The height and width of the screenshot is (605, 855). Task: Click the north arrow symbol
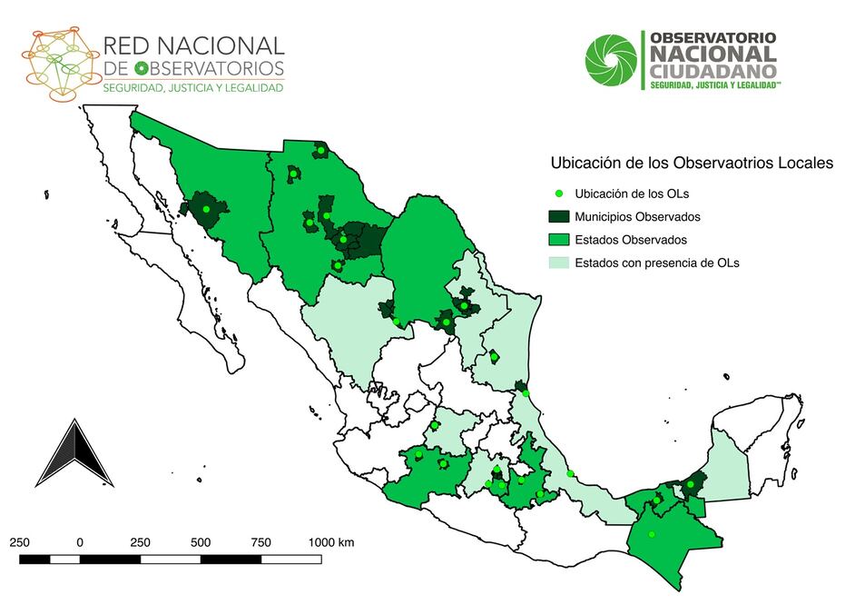pos(74,453)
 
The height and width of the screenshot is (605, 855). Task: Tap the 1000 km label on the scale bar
pos(330,542)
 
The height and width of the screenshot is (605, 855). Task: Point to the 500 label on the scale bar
pos(201,542)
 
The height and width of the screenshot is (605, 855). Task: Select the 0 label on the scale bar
pos(80,542)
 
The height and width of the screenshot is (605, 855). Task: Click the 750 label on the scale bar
pos(260,542)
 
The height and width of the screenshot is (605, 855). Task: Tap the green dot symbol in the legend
pos(559,193)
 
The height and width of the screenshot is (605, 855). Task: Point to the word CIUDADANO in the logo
pos(712,70)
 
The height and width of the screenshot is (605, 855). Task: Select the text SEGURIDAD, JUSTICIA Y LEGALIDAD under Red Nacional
pos(192,88)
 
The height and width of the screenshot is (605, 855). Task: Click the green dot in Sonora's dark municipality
pos(206,209)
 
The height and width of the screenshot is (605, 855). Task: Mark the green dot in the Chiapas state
pos(652,534)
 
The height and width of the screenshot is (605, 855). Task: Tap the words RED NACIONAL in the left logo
pos(193,45)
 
